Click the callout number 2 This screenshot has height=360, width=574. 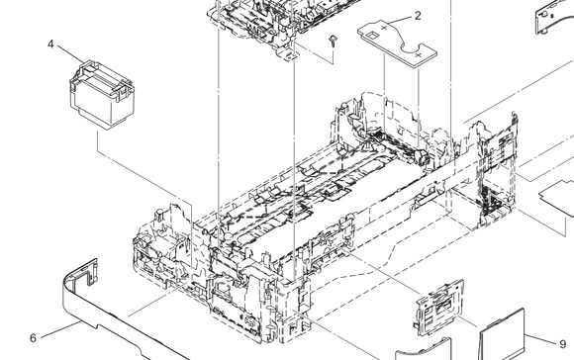(418, 16)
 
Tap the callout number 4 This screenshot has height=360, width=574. (50, 45)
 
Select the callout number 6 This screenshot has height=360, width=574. (33, 338)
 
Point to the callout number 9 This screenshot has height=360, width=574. (563, 344)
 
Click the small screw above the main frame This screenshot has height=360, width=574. (333, 41)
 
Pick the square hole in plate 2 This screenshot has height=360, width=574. (372, 36)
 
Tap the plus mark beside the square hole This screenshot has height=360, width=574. (384, 28)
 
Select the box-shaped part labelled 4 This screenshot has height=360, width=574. (101, 95)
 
